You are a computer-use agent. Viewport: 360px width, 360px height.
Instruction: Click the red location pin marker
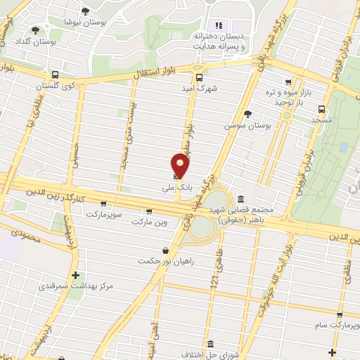click(181, 166)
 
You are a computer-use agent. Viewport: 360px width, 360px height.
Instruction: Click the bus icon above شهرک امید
click(198, 78)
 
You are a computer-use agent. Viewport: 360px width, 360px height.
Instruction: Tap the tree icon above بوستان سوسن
click(247, 113)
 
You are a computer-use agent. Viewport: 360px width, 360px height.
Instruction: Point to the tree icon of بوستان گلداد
click(36, 30)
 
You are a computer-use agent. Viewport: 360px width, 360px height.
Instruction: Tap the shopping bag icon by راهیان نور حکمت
click(165, 250)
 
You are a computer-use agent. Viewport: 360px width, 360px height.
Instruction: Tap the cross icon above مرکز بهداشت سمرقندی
click(75, 275)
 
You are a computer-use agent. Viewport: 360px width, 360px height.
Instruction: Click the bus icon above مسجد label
click(321, 109)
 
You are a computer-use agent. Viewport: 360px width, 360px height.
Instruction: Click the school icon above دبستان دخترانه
click(219, 26)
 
